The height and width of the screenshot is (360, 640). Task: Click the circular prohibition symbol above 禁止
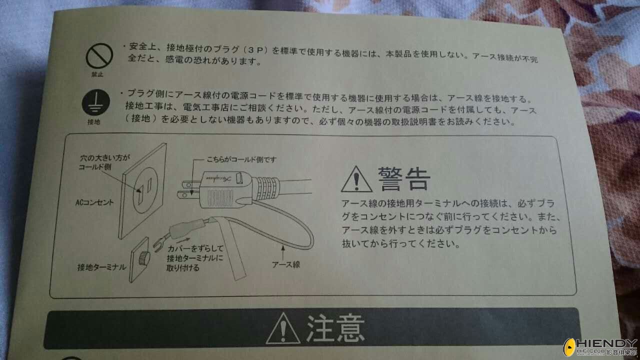[99, 55]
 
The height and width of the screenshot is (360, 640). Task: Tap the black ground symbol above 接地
[96, 102]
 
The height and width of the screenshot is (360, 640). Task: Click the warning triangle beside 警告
[356, 179]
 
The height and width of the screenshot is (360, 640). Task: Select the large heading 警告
[404, 179]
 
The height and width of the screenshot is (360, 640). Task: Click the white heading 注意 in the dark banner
[335, 328]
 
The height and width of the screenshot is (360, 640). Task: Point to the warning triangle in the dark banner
[283, 328]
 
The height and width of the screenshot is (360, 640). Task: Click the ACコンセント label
[94, 202]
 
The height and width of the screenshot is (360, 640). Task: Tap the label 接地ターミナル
[101, 267]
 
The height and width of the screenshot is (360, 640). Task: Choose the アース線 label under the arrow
[285, 264]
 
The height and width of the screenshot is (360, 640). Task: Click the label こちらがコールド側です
[241, 159]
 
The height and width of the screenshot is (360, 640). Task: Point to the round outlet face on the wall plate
[145, 190]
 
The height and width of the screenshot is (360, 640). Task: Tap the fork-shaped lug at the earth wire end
[160, 244]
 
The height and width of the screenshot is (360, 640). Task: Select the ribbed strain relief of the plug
[268, 189]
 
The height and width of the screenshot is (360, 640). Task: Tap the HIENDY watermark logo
[600, 347]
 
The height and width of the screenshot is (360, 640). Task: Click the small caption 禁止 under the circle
[97, 74]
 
